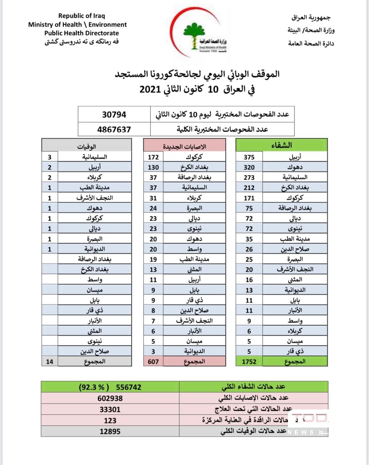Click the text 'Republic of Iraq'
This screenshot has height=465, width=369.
pyautogui.click(x=81, y=16)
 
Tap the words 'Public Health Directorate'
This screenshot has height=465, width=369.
pyautogui.click(x=81, y=33)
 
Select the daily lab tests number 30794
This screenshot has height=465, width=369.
pyautogui.click(x=114, y=114)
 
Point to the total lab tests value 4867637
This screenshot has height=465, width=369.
pyautogui.click(x=114, y=129)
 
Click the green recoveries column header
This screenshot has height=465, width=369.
pyautogui.click(x=282, y=145)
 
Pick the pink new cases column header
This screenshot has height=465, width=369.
pyautogui.click(x=184, y=146)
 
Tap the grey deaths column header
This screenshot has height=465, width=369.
pyautogui.click(x=87, y=146)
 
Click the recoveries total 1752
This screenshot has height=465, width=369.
pyautogui.click(x=249, y=361)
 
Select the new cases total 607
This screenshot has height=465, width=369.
pyautogui.click(x=153, y=361)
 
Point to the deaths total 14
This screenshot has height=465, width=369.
pyautogui.click(x=50, y=361)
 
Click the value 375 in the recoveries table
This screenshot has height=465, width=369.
pyautogui.click(x=249, y=157)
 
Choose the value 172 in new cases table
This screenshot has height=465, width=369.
pyautogui.click(x=153, y=157)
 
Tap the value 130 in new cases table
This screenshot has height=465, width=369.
pyautogui.click(x=153, y=167)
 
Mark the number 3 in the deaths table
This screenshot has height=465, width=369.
pyautogui.click(x=50, y=157)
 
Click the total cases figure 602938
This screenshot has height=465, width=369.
pyautogui.click(x=110, y=398)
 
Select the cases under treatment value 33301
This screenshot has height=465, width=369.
pyautogui.click(x=110, y=409)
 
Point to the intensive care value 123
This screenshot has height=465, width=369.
pyautogui.click(x=110, y=420)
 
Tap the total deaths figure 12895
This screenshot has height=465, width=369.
pyautogui.click(x=110, y=431)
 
